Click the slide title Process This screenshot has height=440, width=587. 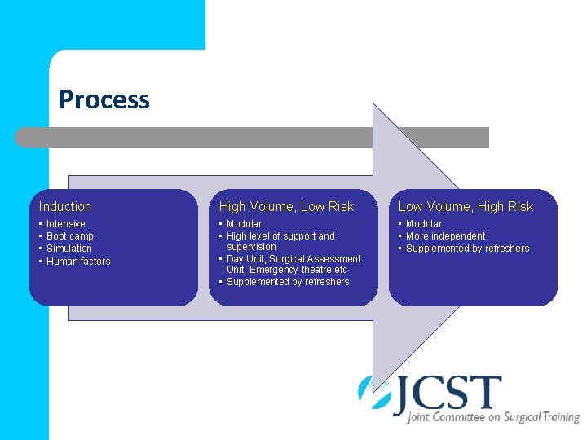(x=104, y=99)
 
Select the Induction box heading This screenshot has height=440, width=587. (x=65, y=207)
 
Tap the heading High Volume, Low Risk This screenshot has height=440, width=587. (x=286, y=207)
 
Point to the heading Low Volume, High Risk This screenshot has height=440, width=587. (x=466, y=207)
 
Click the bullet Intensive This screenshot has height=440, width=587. (x=66, y=224)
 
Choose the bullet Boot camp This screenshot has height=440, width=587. (x=70, y=236)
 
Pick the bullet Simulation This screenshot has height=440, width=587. (x=69, y=249)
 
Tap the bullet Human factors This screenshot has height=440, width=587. (x=78, y=262)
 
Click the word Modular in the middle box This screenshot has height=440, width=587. (x=245, y=224)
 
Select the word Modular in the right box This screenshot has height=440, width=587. (x=424, y=224)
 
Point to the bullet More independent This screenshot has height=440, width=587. (x=446, y=236)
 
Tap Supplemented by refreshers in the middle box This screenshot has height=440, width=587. (x=288, y=282)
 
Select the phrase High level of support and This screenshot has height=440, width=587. (x=280, y=236)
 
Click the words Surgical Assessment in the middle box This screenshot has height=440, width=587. (x=315, y=259)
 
